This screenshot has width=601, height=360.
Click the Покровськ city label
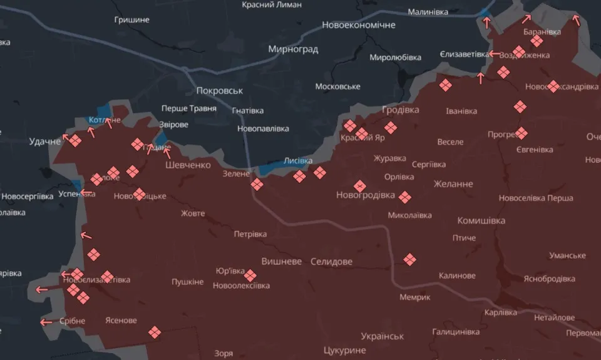click(x=219, y=90)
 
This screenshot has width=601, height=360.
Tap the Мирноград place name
click(x=293, y=49)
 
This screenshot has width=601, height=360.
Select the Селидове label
click(x=331, y=261)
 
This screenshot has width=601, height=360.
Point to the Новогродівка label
click(x=366, y=195)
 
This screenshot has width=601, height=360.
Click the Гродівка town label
click(x=400, y=110)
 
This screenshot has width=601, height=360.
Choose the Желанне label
click(x=453, y=183)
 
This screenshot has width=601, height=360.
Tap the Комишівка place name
click(x=481, y=220)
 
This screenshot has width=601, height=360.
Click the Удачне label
click(x=45, y=141)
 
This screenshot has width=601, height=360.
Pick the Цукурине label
click(x=344, y=350)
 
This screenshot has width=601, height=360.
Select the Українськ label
click(x=383, y=336)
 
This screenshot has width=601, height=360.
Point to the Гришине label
click(x=132, y=19)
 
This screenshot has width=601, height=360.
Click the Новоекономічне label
click(x=359, y=25)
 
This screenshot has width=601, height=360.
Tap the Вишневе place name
click(x=281, y=261)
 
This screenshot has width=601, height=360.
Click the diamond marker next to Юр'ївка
click(x=250, y=275)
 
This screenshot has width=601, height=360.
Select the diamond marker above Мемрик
click(x=410, y=259)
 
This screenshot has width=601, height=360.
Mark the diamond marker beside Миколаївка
click(x=406, y=198)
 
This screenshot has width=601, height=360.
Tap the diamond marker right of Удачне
click(x=75, y=141)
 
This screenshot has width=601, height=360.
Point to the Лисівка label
click(x=298, y=160)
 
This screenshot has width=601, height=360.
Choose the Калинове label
click(x=457, y=275)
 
